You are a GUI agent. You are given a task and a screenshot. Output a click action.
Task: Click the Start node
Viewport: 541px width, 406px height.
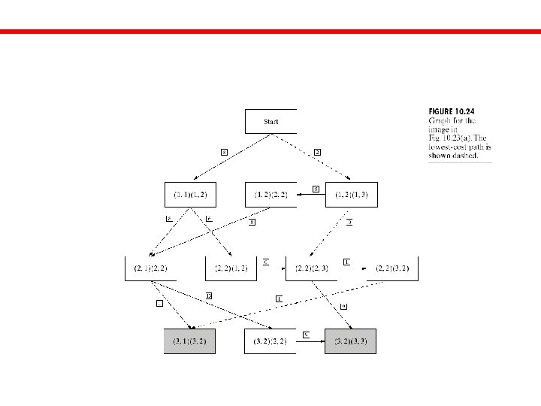click(x=270, y=121)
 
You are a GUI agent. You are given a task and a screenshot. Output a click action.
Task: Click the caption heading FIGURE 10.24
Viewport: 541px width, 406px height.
click(x=451, y=112)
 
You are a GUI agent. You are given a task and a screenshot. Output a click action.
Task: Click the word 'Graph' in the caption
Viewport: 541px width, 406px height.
click(x=438, y=121)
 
